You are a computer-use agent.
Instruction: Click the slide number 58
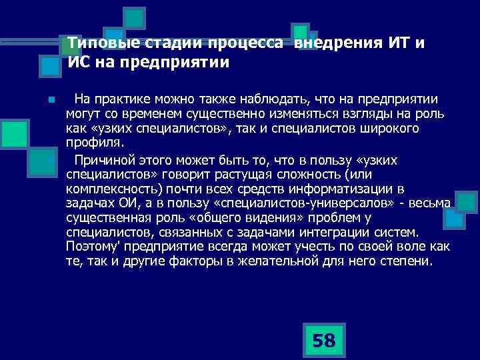coord(324,341)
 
